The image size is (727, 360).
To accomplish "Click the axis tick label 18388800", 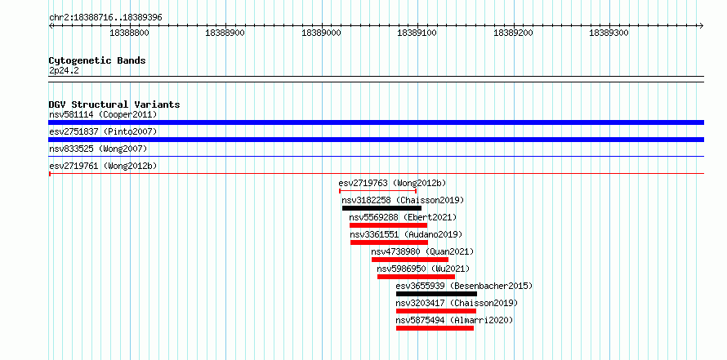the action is [129, 33].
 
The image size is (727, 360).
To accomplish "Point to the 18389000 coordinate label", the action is [321, 33].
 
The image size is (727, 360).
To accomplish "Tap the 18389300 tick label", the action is [609, 33].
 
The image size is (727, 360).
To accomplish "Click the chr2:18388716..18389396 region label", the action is [105, 18].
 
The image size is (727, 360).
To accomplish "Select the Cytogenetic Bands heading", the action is [97, 60].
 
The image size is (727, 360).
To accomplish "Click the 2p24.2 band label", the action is [64, 71].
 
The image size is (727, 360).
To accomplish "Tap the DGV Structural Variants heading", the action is [114, 104].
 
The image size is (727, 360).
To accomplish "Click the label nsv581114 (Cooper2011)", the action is [103, 114].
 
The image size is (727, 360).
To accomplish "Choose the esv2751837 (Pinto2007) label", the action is [103, 131].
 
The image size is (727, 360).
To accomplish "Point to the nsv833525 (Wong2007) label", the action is [98, 149].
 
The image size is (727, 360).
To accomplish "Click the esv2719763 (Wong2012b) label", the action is [392, 183].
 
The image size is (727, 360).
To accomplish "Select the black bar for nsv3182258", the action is [381, 208].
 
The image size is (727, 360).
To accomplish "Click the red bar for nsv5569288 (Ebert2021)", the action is [389, 225].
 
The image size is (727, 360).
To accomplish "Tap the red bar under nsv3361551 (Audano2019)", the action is [389, 242].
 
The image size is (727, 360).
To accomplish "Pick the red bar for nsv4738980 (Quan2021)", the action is [410, 260].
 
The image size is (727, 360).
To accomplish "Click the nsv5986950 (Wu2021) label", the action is [423, 269].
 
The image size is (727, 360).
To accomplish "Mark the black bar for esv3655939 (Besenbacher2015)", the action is [436, 294].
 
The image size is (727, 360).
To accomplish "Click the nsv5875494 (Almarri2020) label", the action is [454, 320].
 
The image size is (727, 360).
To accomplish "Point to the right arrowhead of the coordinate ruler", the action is [702, 25].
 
